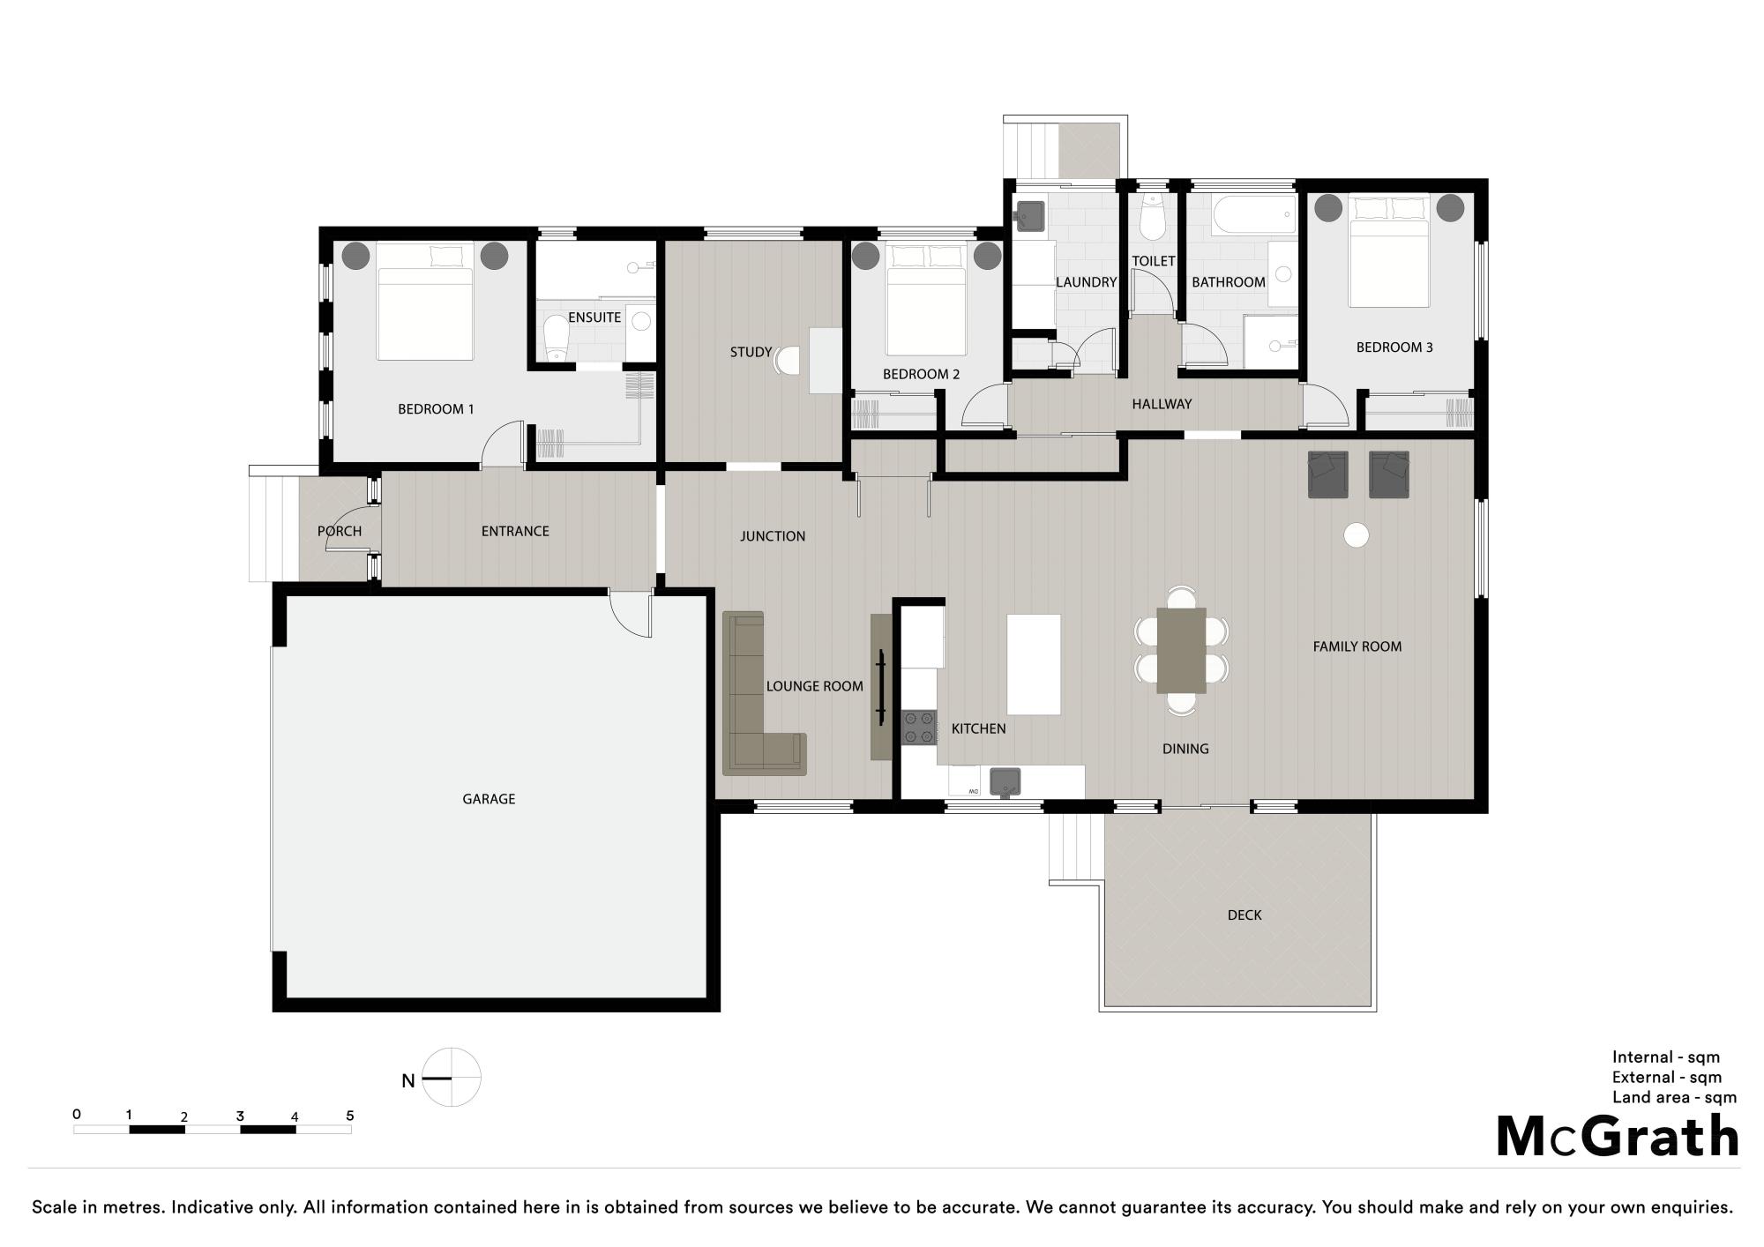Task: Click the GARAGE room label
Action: click(489, 799)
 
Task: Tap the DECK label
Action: click(1245, 915)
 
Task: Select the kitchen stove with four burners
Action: click(919, 728)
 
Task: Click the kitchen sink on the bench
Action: click(1005, 782)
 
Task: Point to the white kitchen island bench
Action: click(1034, 665)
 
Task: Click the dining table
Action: click(1182, 651)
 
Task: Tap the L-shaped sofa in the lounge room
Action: click(764, 694)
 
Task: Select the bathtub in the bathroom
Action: click(1253, 215)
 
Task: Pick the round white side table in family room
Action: click(1356, 534)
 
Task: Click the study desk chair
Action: click(788, 361)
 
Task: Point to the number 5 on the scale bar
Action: click(350, 1116)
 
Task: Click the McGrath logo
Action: click(1618, 1136)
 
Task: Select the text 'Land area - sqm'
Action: click(1674, 1098)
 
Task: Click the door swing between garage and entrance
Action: click(631, 614)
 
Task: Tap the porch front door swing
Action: click(348, 529)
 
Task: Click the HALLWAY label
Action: click(1162, 404)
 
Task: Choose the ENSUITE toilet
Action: click(556, 339)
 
